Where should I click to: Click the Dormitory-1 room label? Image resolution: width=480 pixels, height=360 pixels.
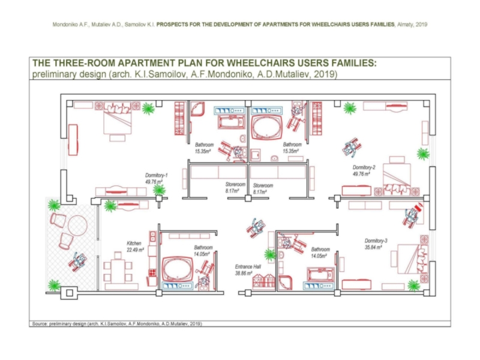click(157, 175)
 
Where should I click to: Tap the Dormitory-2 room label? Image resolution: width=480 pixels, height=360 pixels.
click(364, 167)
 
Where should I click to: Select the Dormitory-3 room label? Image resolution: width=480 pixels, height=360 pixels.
click(376, 241)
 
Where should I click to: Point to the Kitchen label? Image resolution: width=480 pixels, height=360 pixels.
click(134, 243)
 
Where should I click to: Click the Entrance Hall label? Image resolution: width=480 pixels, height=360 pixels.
click(247, 266)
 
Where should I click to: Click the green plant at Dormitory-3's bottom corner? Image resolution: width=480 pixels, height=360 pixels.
click(413, 284)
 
